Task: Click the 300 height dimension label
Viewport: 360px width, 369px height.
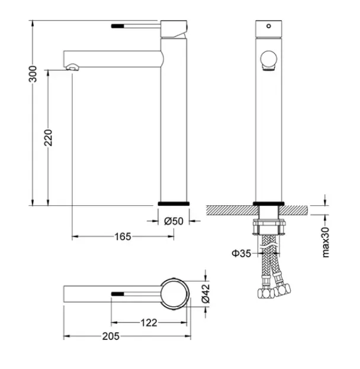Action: point(33,74)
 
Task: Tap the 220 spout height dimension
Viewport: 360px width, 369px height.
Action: point(49,138)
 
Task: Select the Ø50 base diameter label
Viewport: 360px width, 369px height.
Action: point(173,221)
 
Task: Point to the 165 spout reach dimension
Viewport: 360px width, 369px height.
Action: point(123,237)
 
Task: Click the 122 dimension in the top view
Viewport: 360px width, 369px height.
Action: point(149,323)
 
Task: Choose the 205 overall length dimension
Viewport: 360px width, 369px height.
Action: point(111,336)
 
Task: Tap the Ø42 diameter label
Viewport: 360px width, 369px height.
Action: point(205,293)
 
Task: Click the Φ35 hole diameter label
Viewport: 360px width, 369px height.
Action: point(242,254)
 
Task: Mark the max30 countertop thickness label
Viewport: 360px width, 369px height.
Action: point(326,242)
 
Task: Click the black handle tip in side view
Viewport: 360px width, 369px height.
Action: point(117,26)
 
